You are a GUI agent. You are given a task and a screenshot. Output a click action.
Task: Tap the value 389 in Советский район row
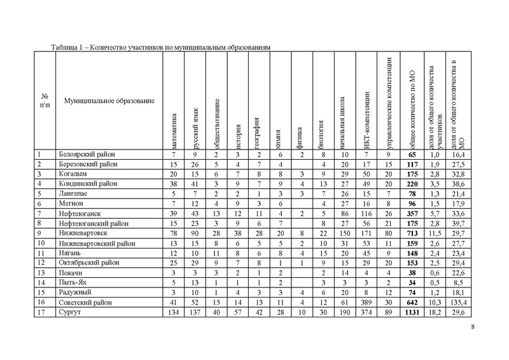pyautogui.click(x=366, y=302)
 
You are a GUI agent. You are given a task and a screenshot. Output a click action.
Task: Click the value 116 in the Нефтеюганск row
pyautogui.click(x=366, y=213)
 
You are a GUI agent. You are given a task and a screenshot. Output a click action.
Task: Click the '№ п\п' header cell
pyautogui.click(x=43, y=100)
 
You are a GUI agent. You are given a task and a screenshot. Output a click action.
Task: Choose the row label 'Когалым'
pyautogui.click(x=71, y=174)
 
